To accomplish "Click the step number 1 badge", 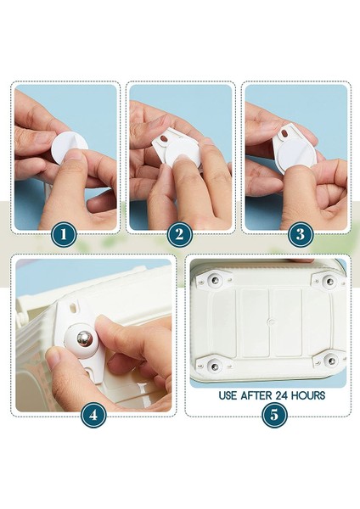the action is click(x=64, y=234).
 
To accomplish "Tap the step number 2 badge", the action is click(x=180, y=234).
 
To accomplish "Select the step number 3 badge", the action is click(x=301, y=234).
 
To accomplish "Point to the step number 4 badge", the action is click(x=93, y=415).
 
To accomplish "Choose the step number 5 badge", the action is click(x=274, y=415).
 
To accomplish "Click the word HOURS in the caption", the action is click(x=308, y=395).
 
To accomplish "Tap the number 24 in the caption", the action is click(x=282, y=395).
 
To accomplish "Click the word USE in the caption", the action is click(x=228, y=395).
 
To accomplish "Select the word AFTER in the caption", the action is click(x=256, y=395).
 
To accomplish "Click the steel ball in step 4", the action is click(x=85, y=338).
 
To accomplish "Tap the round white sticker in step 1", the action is click(x=68, y=148).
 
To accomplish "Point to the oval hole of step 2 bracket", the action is click(x=163, y=139).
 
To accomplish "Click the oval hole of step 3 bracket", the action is click(x=285, y=133).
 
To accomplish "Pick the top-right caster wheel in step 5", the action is click(x=329, y=281).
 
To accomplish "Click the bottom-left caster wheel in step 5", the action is click(x=214, y=366).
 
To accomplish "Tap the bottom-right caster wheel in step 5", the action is click(x=331, y=361).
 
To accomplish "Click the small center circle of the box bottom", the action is click(x=269, y=322).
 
